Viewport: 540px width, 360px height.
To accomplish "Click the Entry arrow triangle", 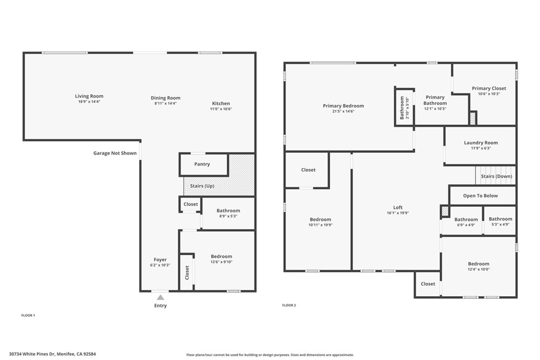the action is pyautogui.click(x=160, y=297).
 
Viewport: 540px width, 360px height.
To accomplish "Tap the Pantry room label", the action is pyautogui.click(x=202, y=164).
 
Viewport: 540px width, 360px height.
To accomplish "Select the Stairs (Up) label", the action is pyautogui.click(x=202, y=186).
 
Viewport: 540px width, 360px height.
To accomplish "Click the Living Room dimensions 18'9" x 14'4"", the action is pyautogui.click(x=89, y=102).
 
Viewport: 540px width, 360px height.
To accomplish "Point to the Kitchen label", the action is pyautogui.click(x=221, y=103).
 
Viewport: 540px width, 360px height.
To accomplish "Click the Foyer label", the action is pyautogui.click(x=160, y=259).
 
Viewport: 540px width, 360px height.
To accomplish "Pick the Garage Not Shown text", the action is pyautogui.click(x=115, y=153).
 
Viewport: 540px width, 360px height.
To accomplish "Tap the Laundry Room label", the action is pyautogui.click(x=481, y=143).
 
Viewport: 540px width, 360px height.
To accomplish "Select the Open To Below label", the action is pyautogui.click(x=480, y=196).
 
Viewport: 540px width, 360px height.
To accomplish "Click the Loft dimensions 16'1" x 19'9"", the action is pyautogui.click(x=398, y=213).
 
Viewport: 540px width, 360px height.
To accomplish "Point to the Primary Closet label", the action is pyautogui.click(x=489, y=89).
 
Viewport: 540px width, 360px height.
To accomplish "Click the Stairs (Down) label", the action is pyautogui.click(x=496, y=176).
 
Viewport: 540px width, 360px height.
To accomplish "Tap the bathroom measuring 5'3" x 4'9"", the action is pyautogui.click(x=500, y=221).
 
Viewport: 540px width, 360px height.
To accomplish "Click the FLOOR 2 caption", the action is pyautogui.click(x=289, y=305).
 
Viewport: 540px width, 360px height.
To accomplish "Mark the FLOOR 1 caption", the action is pyautogui.click(x=28, y=315).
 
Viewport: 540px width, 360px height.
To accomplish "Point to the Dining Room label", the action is pyautogui.click(x=165, y=98).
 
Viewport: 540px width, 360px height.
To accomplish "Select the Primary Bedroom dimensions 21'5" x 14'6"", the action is pyautogui.click(x=343, y=112).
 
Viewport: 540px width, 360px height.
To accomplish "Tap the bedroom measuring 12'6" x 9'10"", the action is pyautogui.click(x=221, y=259).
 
